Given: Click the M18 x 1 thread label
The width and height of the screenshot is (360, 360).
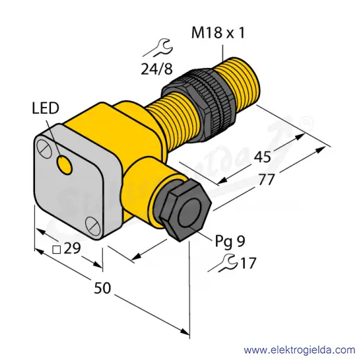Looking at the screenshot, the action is click(218, 32).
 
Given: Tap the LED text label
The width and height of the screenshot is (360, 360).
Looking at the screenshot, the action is click(45, 108).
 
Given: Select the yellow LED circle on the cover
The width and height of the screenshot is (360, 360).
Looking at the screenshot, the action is click(64, 165).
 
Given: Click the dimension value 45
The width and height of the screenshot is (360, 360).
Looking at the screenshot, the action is click(262, 157).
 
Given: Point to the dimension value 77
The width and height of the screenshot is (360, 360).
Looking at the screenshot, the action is click(266, 179).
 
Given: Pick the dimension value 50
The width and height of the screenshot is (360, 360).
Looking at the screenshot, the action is click(102, 288).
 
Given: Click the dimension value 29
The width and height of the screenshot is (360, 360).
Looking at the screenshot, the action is click(72, 248).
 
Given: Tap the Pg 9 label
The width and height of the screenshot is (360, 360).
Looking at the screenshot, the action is click(230, 241).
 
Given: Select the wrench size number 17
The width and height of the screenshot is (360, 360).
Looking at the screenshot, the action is click(248, 263).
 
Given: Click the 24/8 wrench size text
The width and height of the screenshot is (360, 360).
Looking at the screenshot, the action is click(157, 69).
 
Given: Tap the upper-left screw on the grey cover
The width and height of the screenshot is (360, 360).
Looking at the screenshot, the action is click(44, 148).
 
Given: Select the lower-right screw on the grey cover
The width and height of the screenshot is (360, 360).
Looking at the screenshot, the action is click(92, 226).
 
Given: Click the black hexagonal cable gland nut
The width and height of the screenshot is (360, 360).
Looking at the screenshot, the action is click(185, 210).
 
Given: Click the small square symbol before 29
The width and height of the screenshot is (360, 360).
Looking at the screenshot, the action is click(57, 250).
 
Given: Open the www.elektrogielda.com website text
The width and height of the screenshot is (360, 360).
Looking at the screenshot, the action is click(299, 350).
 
